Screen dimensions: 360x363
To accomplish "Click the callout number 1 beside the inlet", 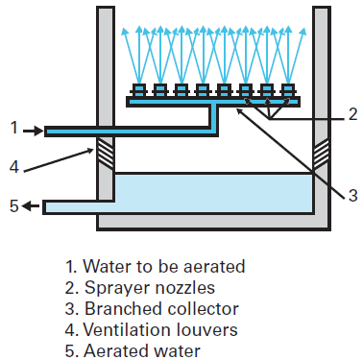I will click(14, 127).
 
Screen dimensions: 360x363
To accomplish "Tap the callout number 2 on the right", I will click(351, 114).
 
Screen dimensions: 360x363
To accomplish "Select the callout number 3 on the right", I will click(351, 196).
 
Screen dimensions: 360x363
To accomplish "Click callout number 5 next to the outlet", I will click(14, 206).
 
